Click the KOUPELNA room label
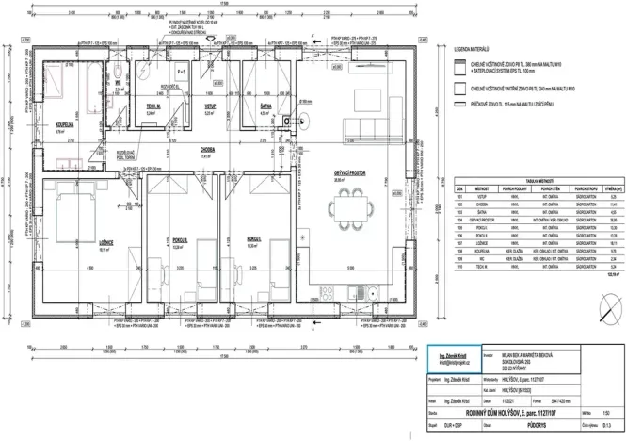click(65, 122)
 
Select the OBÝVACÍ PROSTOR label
click(349, 173)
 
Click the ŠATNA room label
click(265, 108)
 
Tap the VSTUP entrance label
click(211, 108)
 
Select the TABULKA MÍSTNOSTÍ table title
click(537, 179)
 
